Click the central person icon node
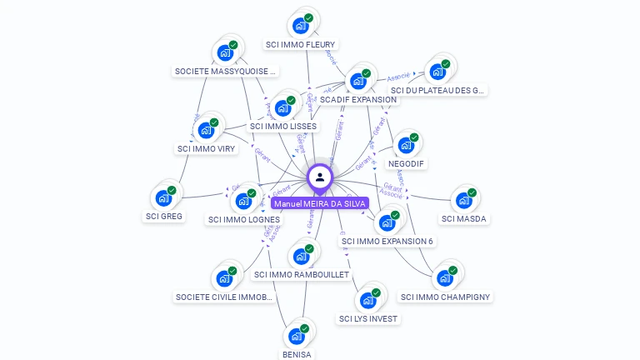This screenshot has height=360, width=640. tap(320, 177)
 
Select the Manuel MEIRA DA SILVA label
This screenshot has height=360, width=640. tap(320, 203)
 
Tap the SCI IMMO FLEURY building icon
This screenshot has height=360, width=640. tap(300, 26)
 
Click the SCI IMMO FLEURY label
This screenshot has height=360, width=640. tap(301, 44)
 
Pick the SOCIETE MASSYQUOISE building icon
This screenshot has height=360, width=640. tap(225, 52)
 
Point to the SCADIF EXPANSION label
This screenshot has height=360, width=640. tap(358, 99)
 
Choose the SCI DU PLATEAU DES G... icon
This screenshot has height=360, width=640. tap(437, 72)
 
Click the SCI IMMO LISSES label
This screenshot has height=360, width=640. tap(283, 126)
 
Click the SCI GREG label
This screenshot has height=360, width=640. tap(164, 217)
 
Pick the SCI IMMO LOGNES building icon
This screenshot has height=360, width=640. tap(243, 201)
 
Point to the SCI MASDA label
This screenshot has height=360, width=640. tap(464, 219)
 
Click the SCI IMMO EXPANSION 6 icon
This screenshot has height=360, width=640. tap(387, 222)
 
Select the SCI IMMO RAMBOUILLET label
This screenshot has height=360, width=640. tap(302, 274)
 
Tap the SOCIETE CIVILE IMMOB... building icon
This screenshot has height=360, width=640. tap(224, 278)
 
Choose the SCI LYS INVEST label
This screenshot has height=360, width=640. tap(369, 318)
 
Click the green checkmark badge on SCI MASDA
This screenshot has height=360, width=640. tap(472, 193)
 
